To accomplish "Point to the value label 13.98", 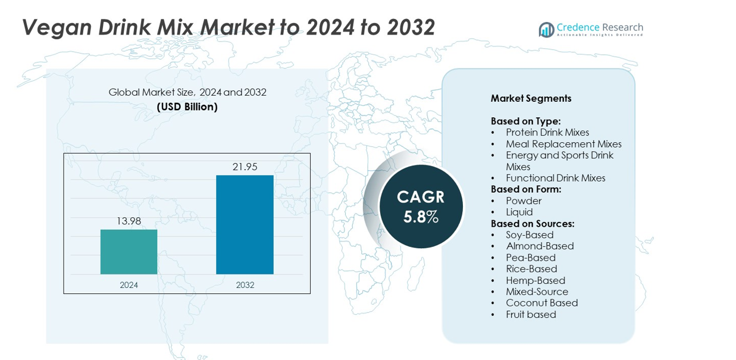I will tap(129, 221).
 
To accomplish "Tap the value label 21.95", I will tap(245, 167).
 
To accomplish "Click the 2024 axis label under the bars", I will tap(129, 285).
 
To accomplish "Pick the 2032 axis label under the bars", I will tap(245, 285).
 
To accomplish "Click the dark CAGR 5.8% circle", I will tap(421, 206).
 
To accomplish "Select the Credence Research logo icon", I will tap(546, 30).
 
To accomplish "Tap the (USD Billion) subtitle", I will tap(187, 107).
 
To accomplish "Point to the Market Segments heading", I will tap(531, 98).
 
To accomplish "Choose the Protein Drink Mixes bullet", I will tap(547, 132).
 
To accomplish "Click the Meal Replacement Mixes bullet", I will tap(563, 144).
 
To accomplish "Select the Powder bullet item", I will tap(524, 201).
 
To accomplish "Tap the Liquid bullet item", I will tap(519, 212).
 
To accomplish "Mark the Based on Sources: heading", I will tap(532, 224).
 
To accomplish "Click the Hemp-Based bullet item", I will tap(535, 280).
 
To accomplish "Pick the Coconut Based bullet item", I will tap(541, 303).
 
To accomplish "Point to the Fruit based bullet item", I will tap(531, 314).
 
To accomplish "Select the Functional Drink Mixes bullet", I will tap(555, 178).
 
